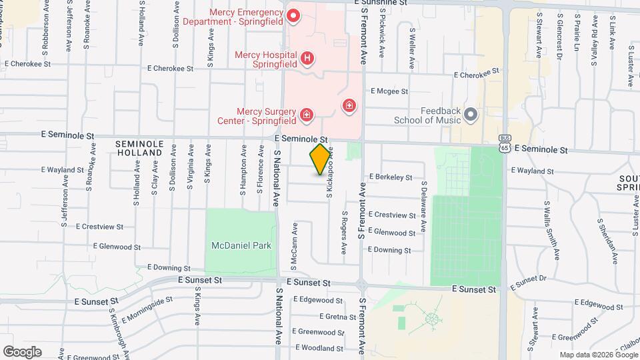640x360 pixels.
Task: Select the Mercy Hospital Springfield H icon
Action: pyautogui.click(x=307, y=59)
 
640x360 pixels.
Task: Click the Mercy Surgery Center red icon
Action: pyautogui.click(x=306, y=115)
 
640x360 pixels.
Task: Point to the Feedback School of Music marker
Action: pyautogui.click(x=471, y=115)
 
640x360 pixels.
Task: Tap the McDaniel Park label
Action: pyautogui.click(x=241, y=245)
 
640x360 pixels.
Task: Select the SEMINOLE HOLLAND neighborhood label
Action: pyautogui.click(x=139, y=148)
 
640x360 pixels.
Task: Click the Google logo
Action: pyautogui.click(x=22, y=351)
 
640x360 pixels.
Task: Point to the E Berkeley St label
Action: pyautogui.click(x=391, y=177)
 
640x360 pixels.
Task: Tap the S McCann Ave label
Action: pyautogui.click(x=294, y=237)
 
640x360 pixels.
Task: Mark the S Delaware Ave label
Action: pyautogui.click(x=423, y=199)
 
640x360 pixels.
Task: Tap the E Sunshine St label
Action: pyautogui.click(x=384, y=3)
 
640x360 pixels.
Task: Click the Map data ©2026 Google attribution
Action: pyautogui.click(x=597, y=355)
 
